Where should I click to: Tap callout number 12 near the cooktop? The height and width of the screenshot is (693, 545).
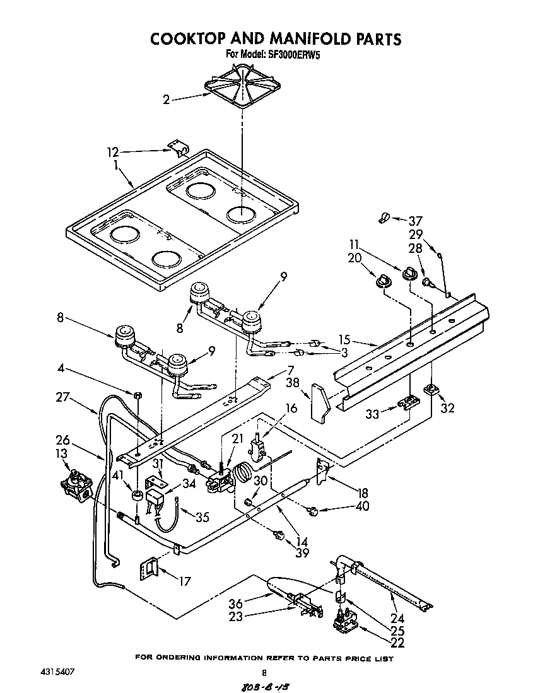click(112, 152)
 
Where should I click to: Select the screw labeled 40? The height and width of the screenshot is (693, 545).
click(312, 509)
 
